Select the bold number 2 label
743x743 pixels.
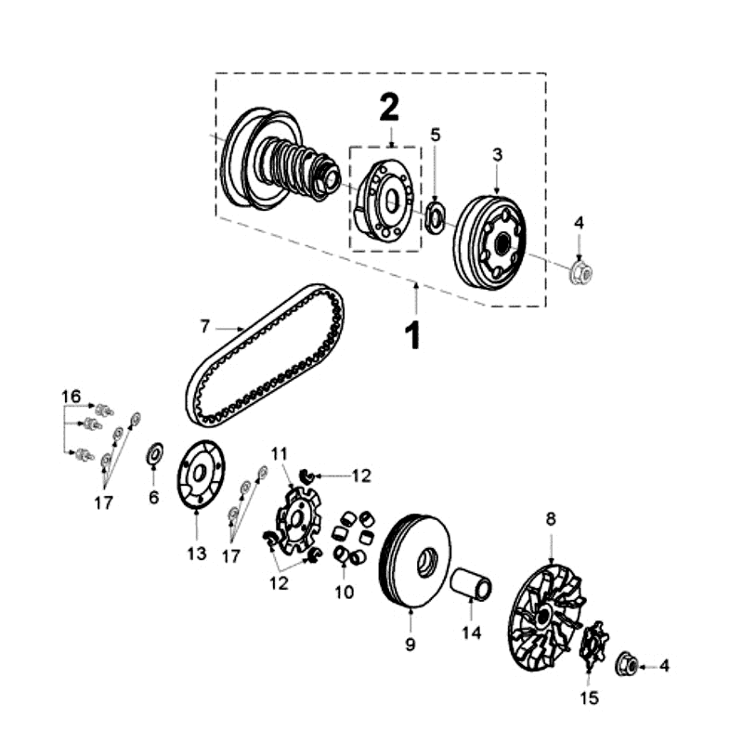coord(388,110)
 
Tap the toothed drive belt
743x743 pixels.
coord(266,354)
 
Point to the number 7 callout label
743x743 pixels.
coord(205,326)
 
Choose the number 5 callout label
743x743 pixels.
coord(435,135)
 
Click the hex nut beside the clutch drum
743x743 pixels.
coord(580,273)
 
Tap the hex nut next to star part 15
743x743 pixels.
coord(626,664)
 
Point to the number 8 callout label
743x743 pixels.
coord(551,520)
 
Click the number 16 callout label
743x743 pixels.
coord(71,397)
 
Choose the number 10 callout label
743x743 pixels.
coord(344,591)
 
